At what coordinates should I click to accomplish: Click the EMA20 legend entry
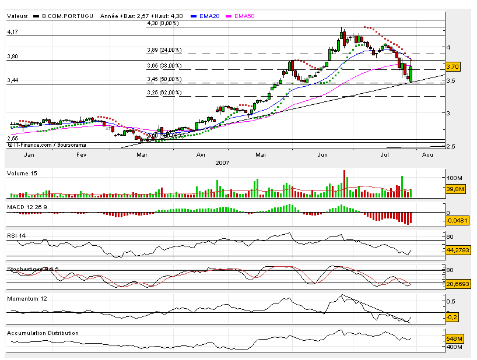point(208,16)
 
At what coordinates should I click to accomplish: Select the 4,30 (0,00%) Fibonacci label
point(163,24)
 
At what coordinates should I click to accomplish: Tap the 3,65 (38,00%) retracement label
point(164,66)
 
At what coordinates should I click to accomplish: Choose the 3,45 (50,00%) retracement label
point(164,79)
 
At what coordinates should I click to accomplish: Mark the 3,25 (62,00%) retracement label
point(164,93)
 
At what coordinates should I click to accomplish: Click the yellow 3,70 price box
point(453,67)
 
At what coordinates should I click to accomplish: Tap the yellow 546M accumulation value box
point(454,338)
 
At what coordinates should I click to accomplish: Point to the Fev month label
point(82,155)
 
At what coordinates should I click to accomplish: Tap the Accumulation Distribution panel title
point(43,333)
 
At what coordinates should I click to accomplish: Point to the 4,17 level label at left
point(12,33)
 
